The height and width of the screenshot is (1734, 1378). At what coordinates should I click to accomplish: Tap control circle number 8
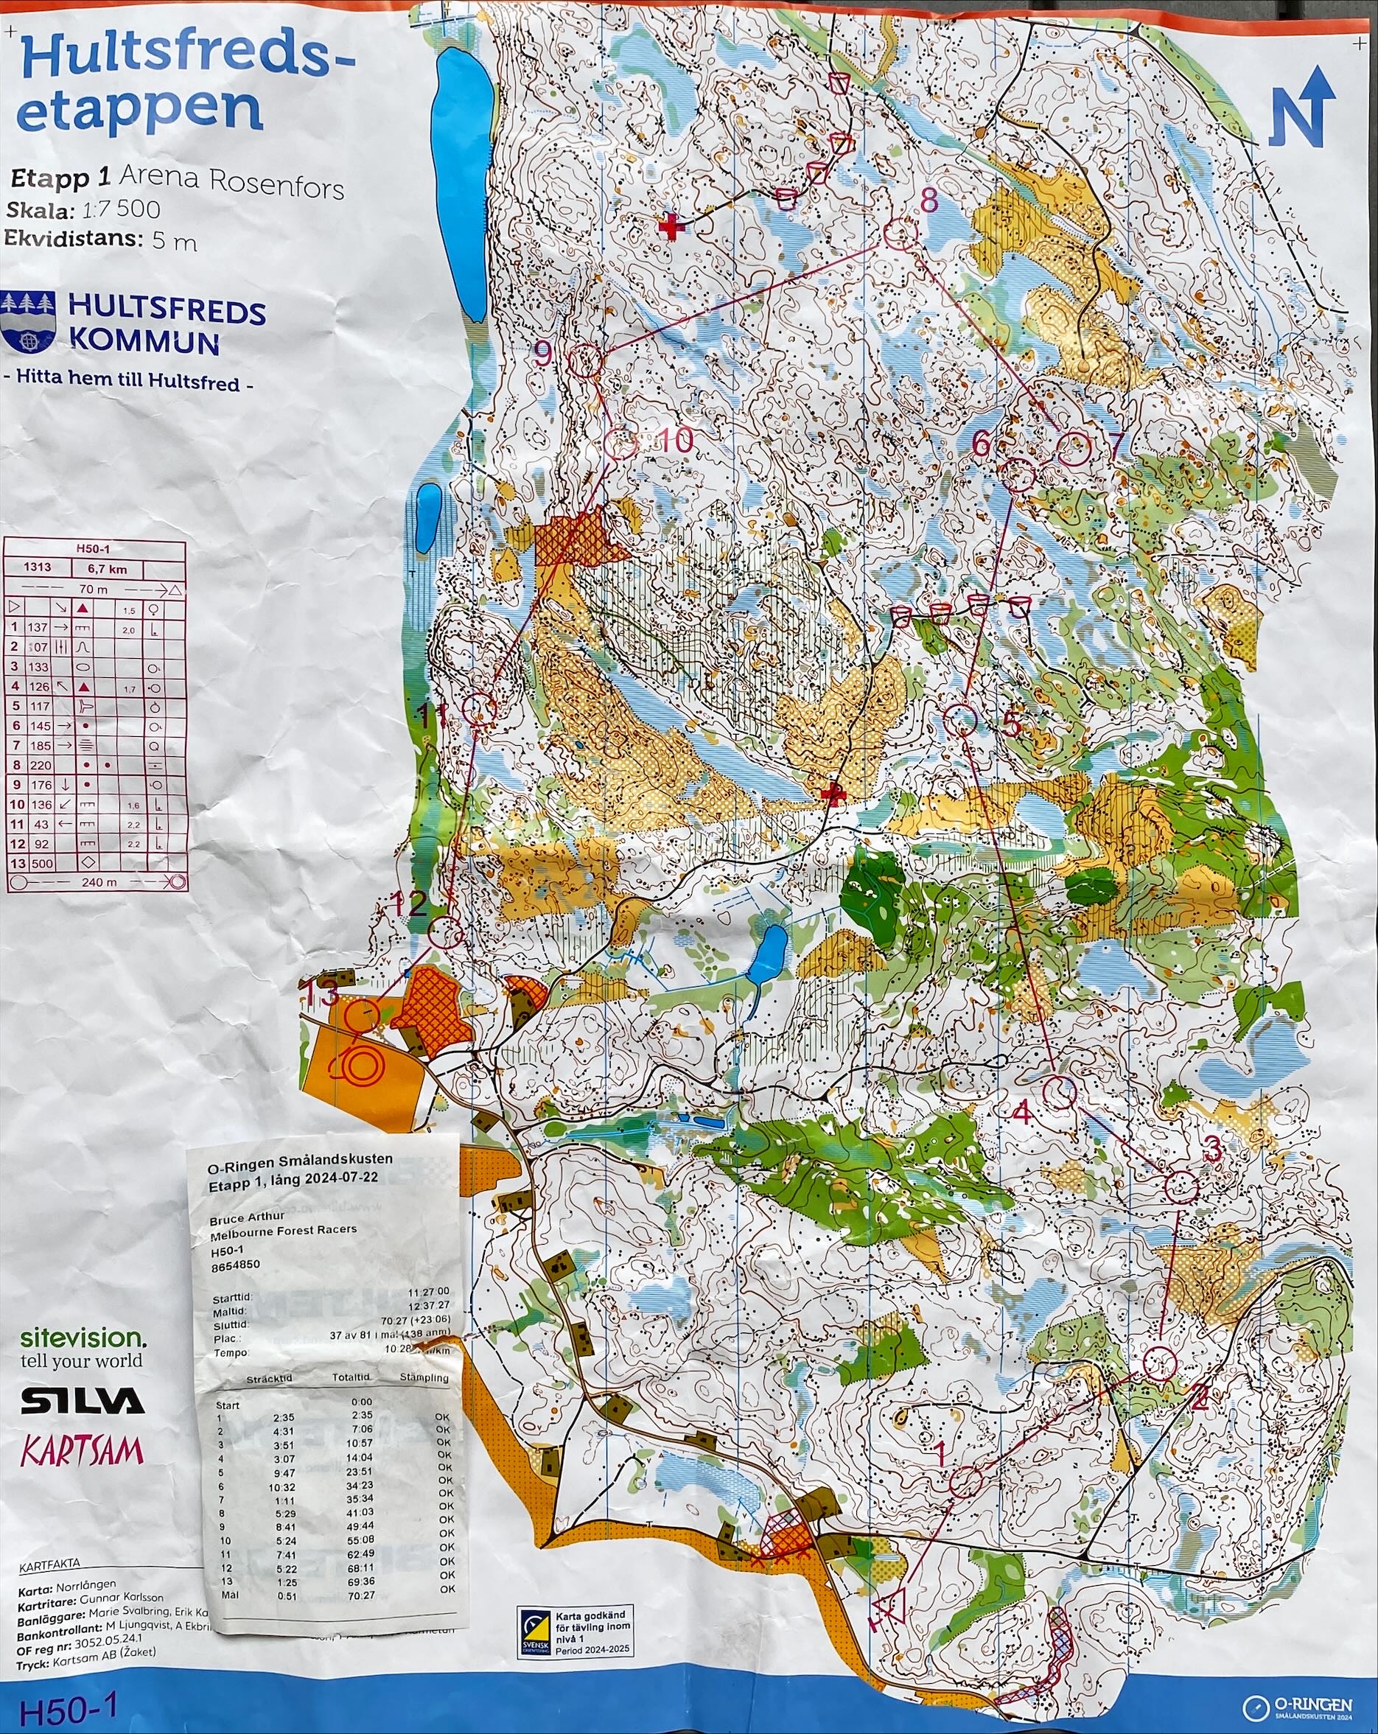[x=900, y=232]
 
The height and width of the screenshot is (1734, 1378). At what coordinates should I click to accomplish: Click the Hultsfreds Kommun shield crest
[x=29, y=324]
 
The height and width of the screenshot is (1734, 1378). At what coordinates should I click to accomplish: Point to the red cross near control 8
[x=668, y=227]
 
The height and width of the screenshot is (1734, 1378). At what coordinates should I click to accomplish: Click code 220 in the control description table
[x=39, y=765]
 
